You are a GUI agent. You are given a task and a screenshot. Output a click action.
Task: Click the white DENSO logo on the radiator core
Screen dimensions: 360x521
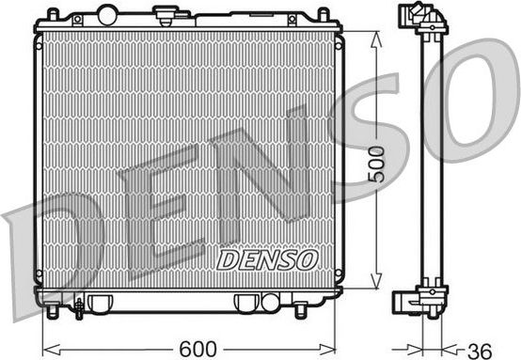(268, 258)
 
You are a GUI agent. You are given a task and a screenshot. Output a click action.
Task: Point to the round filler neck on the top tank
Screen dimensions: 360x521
(167, 18)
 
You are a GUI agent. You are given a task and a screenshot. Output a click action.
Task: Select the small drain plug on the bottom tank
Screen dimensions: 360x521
(79, 305)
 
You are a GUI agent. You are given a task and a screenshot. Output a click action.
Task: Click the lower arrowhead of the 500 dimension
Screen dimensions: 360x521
(376, 283)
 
